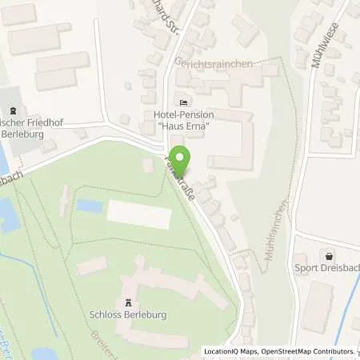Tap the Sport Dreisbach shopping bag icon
click(x=330, y=255)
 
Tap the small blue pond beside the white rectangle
click(x=90, y=206)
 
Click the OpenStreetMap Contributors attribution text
click(x=306, y=351)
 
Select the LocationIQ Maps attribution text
click(x=230, y=351)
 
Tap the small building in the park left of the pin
click(x=147, y=166)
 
